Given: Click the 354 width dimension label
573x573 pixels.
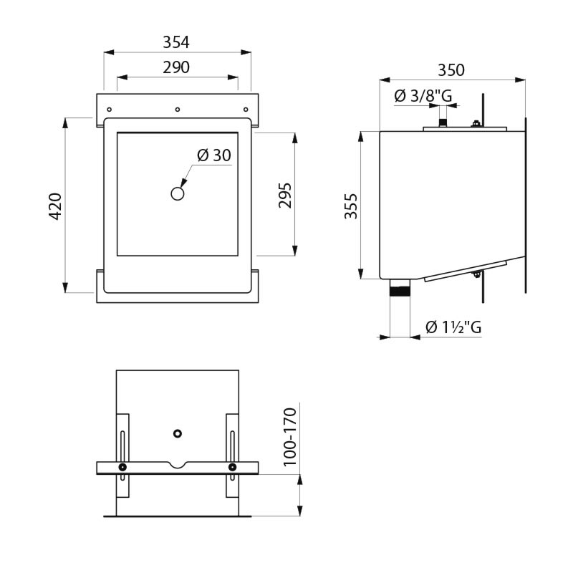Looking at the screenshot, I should (176, 42).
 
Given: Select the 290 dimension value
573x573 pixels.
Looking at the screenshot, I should (176, 68).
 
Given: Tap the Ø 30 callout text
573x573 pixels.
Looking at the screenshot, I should (213, 155).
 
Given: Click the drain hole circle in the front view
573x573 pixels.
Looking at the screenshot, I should (178, 193).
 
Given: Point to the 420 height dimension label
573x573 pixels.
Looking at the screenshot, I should (56, 206).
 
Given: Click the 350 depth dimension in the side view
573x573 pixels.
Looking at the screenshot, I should (451, 70).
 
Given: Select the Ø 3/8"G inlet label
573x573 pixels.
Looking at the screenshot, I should (423, 96).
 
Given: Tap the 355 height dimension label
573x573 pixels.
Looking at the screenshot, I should (351, 205).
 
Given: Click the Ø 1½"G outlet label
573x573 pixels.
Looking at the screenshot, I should (453, 327).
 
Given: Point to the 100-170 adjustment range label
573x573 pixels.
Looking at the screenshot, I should (289, 436).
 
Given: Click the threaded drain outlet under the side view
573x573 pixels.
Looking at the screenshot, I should (398, 290).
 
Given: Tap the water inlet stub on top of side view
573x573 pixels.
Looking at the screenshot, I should (443, 122).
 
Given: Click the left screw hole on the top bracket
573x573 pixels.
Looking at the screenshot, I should (110, 109).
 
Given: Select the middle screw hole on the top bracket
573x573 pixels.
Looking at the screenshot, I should (177, 109).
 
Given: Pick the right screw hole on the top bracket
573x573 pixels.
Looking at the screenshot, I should (245, 109).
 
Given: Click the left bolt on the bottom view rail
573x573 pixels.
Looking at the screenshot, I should (123, 468).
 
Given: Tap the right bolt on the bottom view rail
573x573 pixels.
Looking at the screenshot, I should (232, 468).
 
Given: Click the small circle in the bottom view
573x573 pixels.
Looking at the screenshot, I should (178, 433).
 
